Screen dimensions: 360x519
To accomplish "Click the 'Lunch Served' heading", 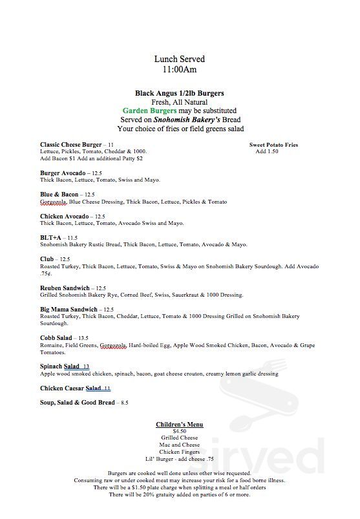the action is [180, 59].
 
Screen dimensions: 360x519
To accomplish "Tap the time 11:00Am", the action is [180, 69].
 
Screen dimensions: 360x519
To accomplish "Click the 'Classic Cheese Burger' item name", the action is [70, 145].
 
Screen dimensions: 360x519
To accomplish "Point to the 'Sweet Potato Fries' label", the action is [273, 145].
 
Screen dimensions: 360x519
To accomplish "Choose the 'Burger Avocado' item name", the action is [62, 173].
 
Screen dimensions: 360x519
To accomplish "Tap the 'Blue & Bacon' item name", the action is [59, 195].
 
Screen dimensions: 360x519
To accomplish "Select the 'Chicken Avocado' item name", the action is [64, 217].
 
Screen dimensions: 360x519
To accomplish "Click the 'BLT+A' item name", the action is [50, 238].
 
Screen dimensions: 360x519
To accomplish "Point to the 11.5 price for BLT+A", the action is [72, 238].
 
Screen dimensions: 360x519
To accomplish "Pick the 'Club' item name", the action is [47, 259].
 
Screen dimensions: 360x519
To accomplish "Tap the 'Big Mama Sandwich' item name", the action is [69, 310].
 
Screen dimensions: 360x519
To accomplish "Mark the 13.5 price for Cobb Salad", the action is [82, 339].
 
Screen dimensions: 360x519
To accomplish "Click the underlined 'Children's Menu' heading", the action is [180, 425].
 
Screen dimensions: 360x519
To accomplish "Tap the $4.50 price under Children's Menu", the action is [180, 431].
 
